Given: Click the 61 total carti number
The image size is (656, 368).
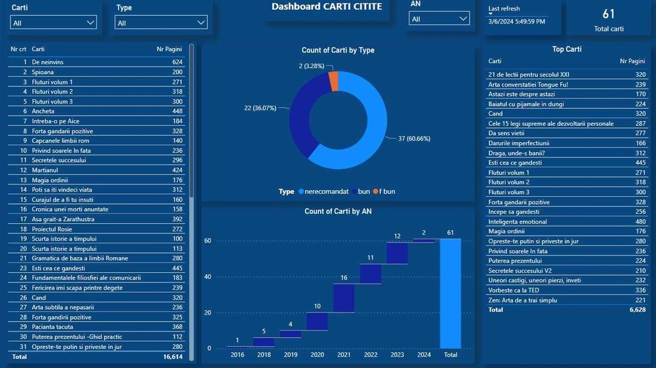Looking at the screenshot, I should pyautogui.click(x=608, y=14).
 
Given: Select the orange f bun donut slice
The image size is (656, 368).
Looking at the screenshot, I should pyautogui.click(x=334, y=81).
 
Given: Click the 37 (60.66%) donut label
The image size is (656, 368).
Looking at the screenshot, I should pyautogui.click(x=410, y=138).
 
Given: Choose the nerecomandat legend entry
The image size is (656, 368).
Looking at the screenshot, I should pyautogui.click(x=325, y=192).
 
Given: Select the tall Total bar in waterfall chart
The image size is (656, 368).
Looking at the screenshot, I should pyautogui.click(x=451, y=293).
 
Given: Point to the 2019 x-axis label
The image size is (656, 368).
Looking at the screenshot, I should pyautogui.click(x=290, y=355).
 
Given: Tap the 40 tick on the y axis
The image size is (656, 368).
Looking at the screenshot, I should pyautogui.click(x=207, y=276).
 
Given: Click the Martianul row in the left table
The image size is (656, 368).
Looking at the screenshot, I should pyautogui.click(x=45, y=170).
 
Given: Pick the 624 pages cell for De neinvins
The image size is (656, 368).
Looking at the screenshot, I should pyautogui.click(x=177, y=62).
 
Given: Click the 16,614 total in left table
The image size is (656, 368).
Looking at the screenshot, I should pyautogui.click(x=173, y=357).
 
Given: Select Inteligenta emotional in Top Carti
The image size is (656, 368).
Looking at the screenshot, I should pyautogui.click(x=518, y=222).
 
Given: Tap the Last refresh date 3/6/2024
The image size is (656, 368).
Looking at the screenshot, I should pyautogui.click(x=516, y=22).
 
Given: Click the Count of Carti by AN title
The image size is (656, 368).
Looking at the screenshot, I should pyautogui.click(x=338, y=211).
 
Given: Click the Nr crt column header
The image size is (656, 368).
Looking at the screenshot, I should pyautogui.click(x=18, y=49).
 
